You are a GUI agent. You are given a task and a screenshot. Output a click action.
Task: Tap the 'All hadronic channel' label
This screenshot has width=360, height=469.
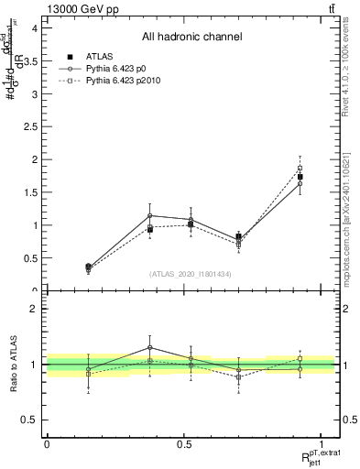[x=191, y=38]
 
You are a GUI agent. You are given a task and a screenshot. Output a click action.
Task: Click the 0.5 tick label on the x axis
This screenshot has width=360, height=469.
[x=183, y=444]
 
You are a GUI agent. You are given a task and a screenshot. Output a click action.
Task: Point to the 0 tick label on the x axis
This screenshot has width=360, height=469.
[x=47, y=444]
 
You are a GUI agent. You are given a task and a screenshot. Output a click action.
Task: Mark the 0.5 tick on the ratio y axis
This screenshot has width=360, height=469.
[x=29, y=420]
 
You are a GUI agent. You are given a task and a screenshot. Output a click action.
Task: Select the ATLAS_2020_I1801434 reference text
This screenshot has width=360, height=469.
[x=191, y=274]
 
